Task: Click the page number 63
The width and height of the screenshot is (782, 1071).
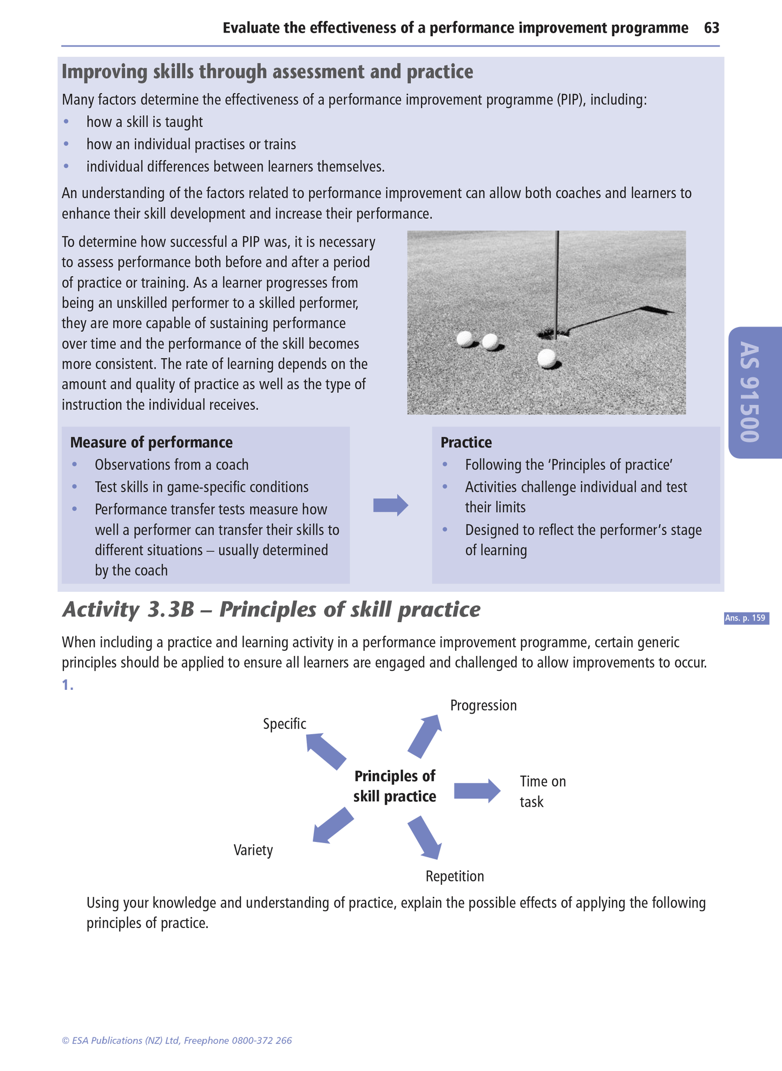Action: point(711,28)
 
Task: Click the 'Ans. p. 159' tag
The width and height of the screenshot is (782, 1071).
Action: point(746,618)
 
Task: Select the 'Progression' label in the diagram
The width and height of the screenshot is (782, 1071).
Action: point(483,706)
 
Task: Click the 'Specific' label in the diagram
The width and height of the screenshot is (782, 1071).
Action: point(285,724)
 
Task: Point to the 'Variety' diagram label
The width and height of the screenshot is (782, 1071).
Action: point(253,850)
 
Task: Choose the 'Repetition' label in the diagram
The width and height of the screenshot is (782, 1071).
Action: point(455,876)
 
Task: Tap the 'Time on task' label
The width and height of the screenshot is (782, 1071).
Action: point(542,792)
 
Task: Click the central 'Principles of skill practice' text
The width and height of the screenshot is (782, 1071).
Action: point(395,786)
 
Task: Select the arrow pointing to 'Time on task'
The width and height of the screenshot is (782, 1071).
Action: point(477,791)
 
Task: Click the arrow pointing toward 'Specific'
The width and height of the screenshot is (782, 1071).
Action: point(325,750)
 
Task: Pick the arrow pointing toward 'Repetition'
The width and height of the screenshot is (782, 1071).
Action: point(426,839)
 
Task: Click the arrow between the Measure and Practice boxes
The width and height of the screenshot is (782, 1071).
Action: point(390,505)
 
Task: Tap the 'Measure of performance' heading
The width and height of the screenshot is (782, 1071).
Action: point(151,442)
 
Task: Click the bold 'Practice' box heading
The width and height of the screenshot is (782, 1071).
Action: point(466,442)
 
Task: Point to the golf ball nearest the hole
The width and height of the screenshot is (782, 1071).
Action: point(547,358)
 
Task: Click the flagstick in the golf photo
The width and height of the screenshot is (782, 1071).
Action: point(557,282)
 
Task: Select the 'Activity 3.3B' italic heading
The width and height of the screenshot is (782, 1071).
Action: point(271,610)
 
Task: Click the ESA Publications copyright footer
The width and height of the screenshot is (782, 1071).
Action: point(176,1040)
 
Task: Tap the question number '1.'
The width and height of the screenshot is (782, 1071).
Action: point(67,685)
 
